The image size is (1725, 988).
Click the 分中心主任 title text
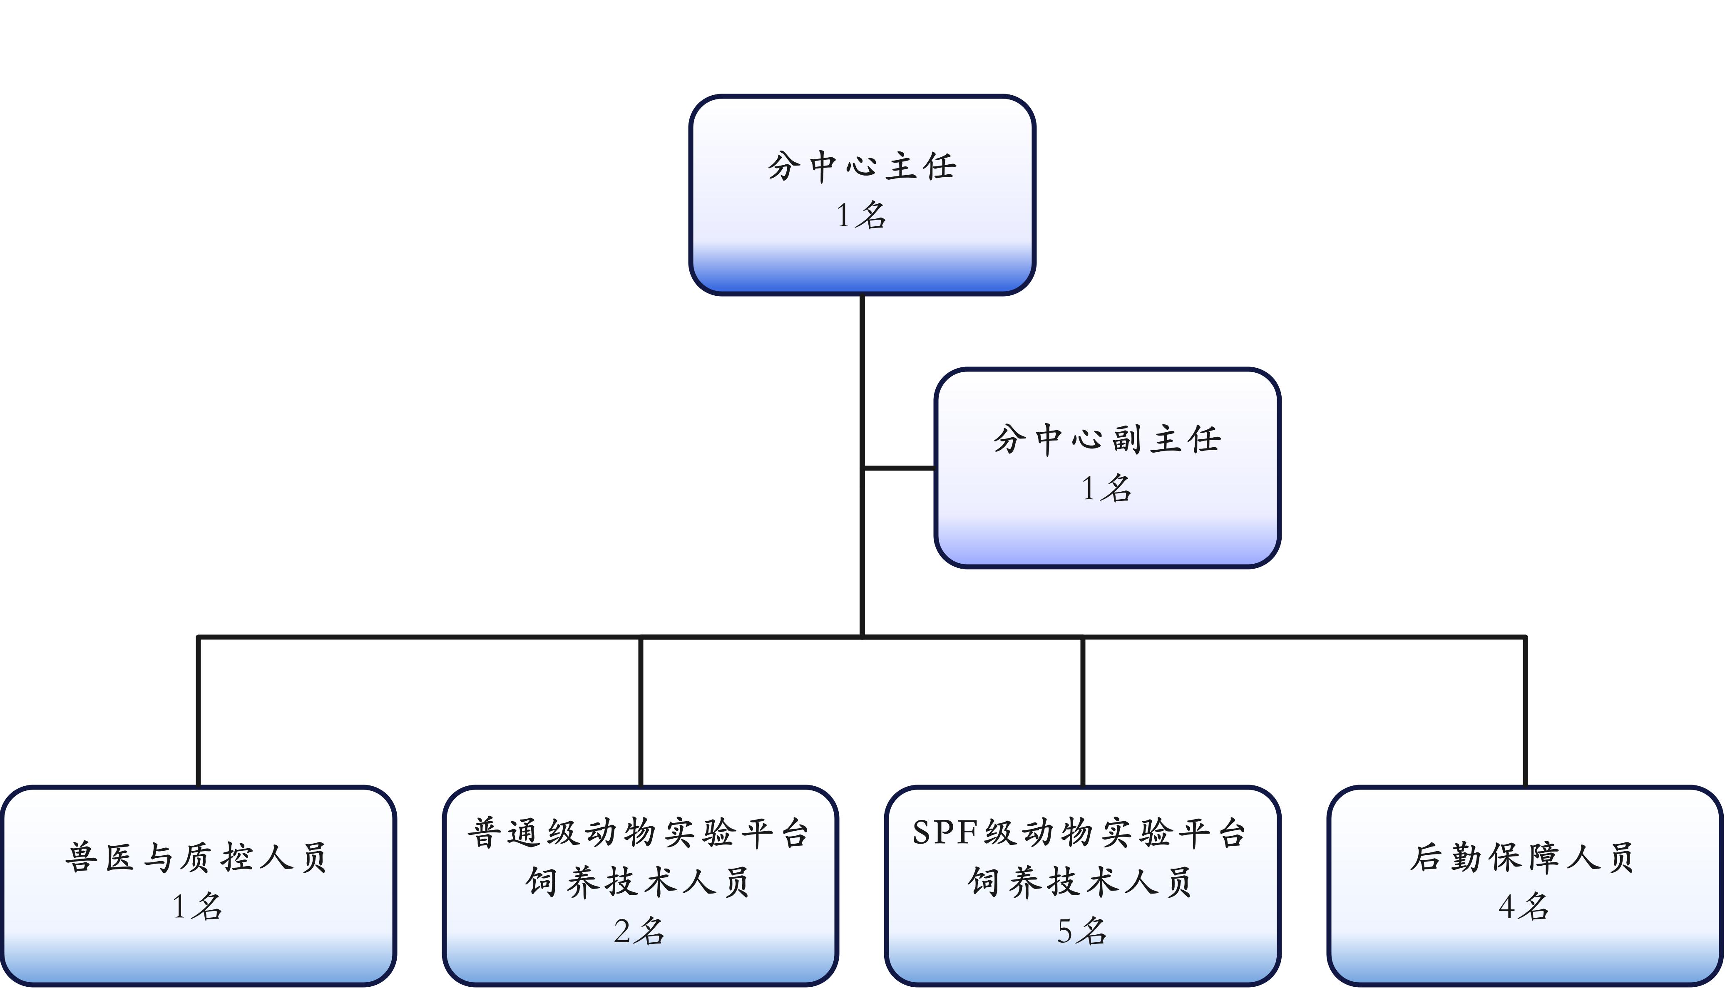coord(862,166)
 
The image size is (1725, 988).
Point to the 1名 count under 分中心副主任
coord(1106,488)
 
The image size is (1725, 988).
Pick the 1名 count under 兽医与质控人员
coord(197,906)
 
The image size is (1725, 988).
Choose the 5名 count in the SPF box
coord(1081,931)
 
